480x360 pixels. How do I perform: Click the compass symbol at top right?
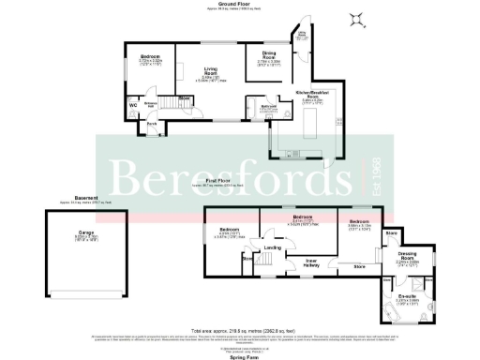click(x=356, y=18)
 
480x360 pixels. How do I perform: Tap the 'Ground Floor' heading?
click(x=241, y=4)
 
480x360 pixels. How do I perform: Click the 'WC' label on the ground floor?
click(x=132, y=105)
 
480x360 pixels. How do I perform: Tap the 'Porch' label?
click(x=150, y=123)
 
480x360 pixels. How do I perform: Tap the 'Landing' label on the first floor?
click(x=273, y=247)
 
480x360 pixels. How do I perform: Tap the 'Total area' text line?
click(x=240, y=331)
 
